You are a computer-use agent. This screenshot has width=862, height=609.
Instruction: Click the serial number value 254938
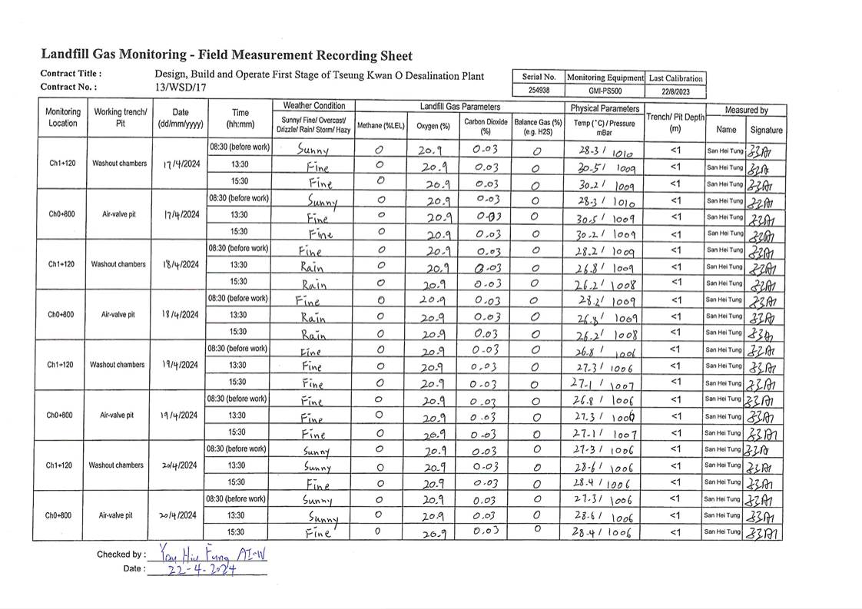(539, 91)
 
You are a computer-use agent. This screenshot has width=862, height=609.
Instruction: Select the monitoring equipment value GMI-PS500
(605, 91)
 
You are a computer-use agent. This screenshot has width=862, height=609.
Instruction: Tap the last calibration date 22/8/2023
(675, 91)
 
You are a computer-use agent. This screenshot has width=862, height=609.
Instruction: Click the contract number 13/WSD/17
(175, 88)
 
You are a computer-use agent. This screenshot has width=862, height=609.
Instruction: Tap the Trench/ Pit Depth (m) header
(675, 122)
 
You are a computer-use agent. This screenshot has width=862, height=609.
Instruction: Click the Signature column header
(765, 130)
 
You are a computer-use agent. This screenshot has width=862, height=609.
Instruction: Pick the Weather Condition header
(314, 105)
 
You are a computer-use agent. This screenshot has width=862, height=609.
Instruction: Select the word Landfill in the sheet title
(65, 55)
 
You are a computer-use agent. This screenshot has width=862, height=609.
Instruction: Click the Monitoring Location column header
(63, 117)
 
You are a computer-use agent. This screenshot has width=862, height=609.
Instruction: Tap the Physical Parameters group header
(605, 108)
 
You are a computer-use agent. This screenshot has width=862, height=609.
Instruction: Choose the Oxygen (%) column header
(433, 125)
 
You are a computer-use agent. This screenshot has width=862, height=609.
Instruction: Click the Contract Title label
(71, 74)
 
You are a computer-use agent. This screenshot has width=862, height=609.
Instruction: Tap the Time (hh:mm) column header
(240, 117)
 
